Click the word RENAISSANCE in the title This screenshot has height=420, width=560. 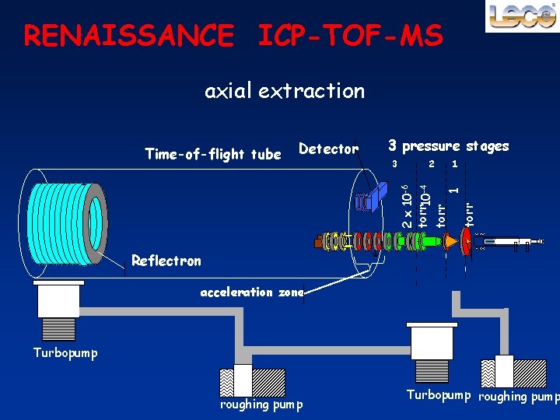click(x=128, y=35)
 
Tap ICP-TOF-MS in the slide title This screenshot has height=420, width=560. click(x=350, y=35)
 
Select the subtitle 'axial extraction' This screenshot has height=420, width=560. click(x=284, y=91)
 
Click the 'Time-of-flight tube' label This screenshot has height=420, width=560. click(x=212, y=154)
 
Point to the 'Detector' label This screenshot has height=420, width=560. click(x=328, y=149)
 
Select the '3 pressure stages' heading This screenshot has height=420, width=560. click(x=448, y=145)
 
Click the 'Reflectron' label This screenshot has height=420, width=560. click(x=166, y=261)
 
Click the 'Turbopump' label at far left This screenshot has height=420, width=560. click(x=65, y=352)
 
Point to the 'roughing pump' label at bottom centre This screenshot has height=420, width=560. click(x=261, y=404)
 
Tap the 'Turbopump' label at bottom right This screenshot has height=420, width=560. click(x=439, y=395)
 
